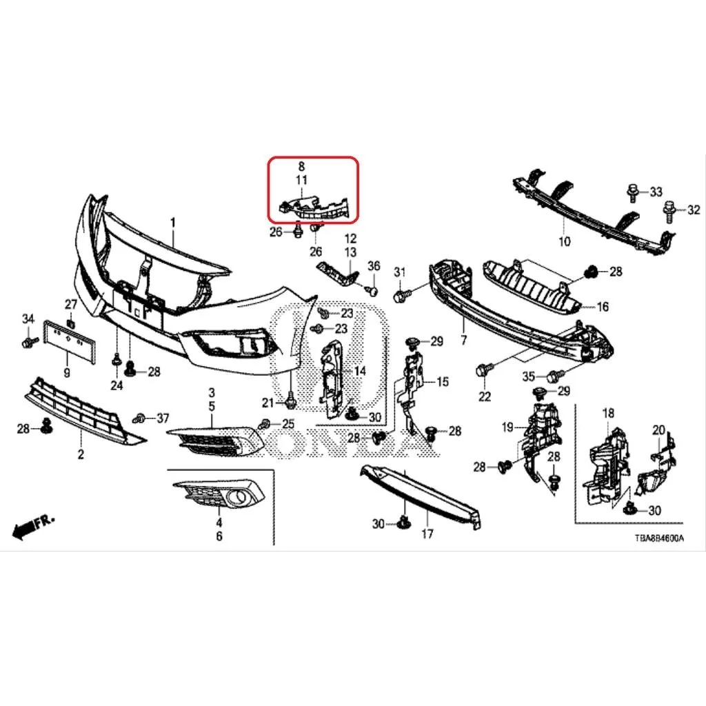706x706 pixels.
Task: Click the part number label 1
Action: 173,223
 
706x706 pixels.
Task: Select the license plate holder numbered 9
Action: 70,342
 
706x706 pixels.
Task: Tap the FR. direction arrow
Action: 33,526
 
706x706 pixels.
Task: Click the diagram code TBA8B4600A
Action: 658,538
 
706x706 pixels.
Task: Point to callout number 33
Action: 656,192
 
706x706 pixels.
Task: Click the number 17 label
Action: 427,534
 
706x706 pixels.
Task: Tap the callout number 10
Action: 564,241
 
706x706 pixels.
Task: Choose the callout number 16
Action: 603,307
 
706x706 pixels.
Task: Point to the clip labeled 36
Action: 372,290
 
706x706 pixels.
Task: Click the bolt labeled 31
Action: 401,296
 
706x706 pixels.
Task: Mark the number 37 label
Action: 163,418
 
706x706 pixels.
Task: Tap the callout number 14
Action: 360,372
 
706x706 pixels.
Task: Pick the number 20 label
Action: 658,430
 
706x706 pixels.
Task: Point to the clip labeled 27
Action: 70,323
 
